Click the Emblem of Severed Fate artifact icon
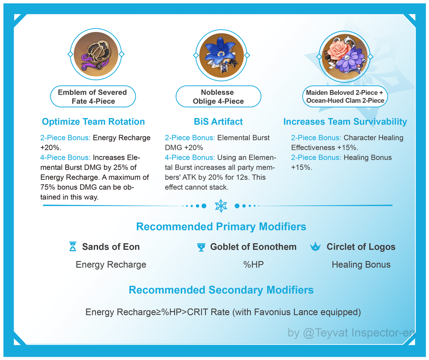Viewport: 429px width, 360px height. tap(96, 54)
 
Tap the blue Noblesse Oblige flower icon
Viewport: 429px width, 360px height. tap(221, 55)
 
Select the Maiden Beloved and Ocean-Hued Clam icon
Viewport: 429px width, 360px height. tap(344, 57)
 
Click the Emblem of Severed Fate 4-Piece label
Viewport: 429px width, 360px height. tap(93, 96)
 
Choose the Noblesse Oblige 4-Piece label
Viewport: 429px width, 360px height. tap(218, 96)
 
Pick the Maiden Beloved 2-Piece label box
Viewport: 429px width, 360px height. tap(345, 96)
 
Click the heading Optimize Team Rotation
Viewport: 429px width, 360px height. tap(93, 122)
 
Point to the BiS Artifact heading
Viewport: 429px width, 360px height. tap(218, 122)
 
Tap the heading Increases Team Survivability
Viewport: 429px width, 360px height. tap(345, 122)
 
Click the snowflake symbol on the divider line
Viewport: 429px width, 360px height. tap(221, 206)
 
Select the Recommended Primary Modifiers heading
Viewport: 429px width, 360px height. tap(221, 226)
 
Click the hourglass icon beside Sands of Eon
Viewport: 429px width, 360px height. tap(73, 246)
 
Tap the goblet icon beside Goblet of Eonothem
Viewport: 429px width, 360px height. tap(201, 247)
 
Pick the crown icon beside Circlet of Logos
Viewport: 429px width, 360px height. tap(315, 247)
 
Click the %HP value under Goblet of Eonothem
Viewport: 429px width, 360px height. tap(253, 265)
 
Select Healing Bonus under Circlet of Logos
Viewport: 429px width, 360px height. tap(361, 265)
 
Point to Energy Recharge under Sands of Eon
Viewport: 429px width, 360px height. tap(111, 265)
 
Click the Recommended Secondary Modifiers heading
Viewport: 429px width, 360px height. tap(221, 290)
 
